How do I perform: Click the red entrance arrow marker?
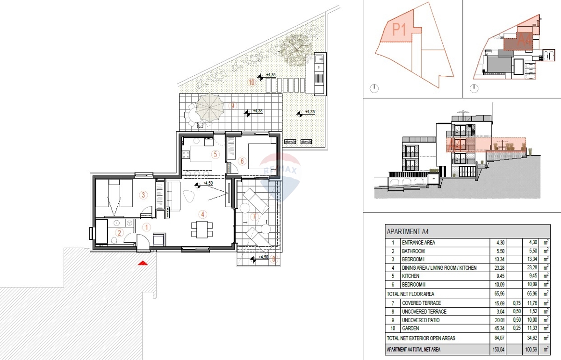[143, 264]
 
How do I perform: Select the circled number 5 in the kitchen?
[216, 154]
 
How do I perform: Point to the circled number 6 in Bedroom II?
[242, 161]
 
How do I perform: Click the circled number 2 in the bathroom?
[119, 233]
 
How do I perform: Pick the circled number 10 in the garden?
[252, 83]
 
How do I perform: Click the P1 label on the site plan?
[399, 30]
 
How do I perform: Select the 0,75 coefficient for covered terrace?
[515, 303]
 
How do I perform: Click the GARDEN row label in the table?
[405, 329]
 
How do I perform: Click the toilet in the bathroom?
[115, 241]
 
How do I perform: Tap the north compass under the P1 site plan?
[374, 88]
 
